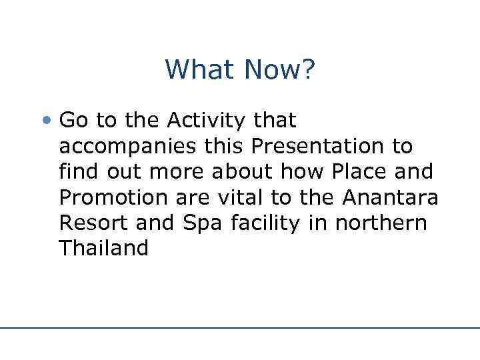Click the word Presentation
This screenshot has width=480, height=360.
(323, 146)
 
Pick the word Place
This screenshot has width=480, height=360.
(359, 171)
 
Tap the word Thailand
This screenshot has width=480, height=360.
(103, 247)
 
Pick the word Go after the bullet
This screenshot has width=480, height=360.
(73, 121)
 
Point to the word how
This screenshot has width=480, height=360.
(307, 171)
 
